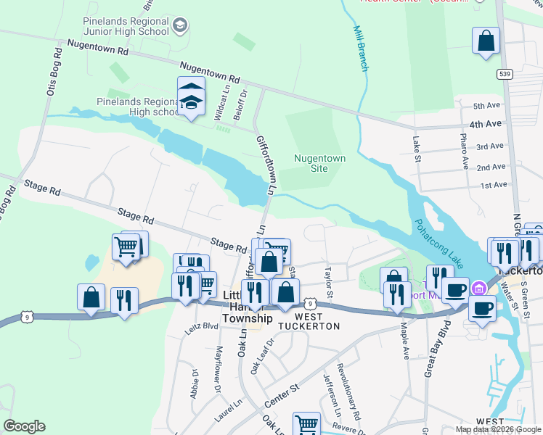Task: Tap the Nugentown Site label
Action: [x=319, y=163]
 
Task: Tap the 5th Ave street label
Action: [x=488, y=105]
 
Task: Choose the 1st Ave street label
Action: [x=493, y=185]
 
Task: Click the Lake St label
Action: [x=417, y=149]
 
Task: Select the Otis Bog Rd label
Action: [x=54, y=72]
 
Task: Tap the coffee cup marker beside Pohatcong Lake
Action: [x=455, y=289]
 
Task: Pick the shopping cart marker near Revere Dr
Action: [x=306, y=424]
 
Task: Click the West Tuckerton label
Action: [x=317, y=321]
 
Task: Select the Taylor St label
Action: [x=328, y=283]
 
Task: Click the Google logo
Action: [x=24, y=426]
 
